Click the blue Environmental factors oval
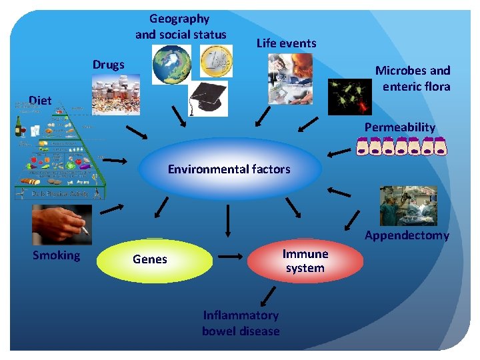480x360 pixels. point(229,169)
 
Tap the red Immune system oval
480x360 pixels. point(305,261)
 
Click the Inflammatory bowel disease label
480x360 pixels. point(241,323)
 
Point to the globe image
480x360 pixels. point(171,64)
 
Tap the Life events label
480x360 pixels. point(287,43)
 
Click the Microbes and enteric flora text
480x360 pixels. point(413,78)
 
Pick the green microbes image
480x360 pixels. point(349,96)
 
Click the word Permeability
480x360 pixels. point(400,127)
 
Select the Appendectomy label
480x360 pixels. point(407,235)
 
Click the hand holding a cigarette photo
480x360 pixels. point(61,225)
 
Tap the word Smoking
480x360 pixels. point(57,255)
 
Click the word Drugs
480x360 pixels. point(109,65)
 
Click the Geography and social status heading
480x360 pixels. point(181,27)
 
